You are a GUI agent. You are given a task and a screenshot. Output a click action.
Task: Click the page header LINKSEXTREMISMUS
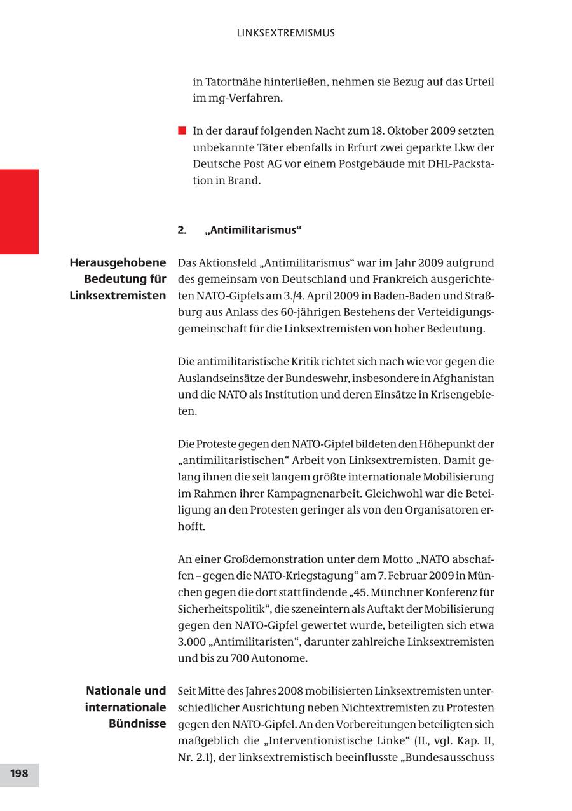coord(285,33)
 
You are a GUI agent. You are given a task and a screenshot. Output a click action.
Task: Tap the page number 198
coord(19,774)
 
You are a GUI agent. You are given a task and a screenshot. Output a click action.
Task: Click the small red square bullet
coord(182,131)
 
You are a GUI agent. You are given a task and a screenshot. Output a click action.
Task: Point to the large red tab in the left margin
coord(19,212)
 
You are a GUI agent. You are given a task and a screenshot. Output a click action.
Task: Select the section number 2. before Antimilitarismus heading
coord(182,230)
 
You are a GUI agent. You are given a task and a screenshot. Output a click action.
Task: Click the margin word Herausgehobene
coord(118,262)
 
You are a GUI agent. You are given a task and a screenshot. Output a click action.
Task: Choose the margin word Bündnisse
coord(137,723)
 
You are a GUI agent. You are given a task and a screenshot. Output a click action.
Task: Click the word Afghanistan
coord(463,378)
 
